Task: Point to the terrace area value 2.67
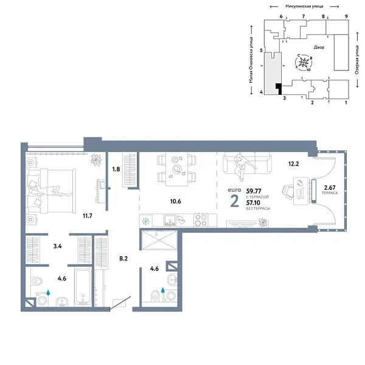[x=329, y=187]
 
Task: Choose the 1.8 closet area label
[x=116, y=169]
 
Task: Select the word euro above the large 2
[x=234, y=190]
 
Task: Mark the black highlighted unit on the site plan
[x=279, y=89]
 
